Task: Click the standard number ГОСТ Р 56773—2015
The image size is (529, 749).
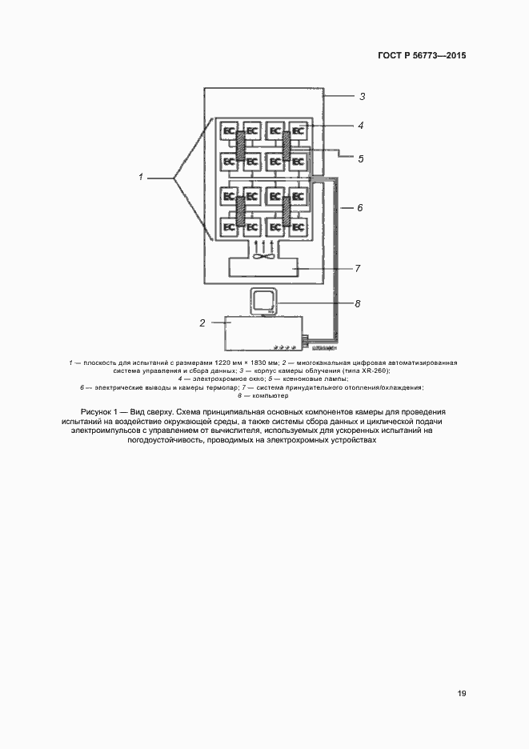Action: [x=421, y=56]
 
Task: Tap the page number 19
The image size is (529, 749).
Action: [x=462, y=693]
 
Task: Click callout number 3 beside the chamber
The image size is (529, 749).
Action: [x=362, y=97]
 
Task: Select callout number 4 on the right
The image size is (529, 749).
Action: [x=361, y=126]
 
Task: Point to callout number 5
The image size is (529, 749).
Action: [x=361, y=159]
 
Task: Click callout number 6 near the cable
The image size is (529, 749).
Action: [x=360, y=208]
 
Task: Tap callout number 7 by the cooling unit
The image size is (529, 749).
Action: [x=359, y=268]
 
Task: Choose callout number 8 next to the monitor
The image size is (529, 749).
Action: [x=358, y=303]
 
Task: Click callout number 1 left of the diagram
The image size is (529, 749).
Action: [x=141, y=177]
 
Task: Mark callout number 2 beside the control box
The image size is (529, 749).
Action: [x=202, y=323]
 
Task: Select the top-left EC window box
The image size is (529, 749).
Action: [x=229, y=130]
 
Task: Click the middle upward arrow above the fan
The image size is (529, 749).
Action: [x=264, y=242]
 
